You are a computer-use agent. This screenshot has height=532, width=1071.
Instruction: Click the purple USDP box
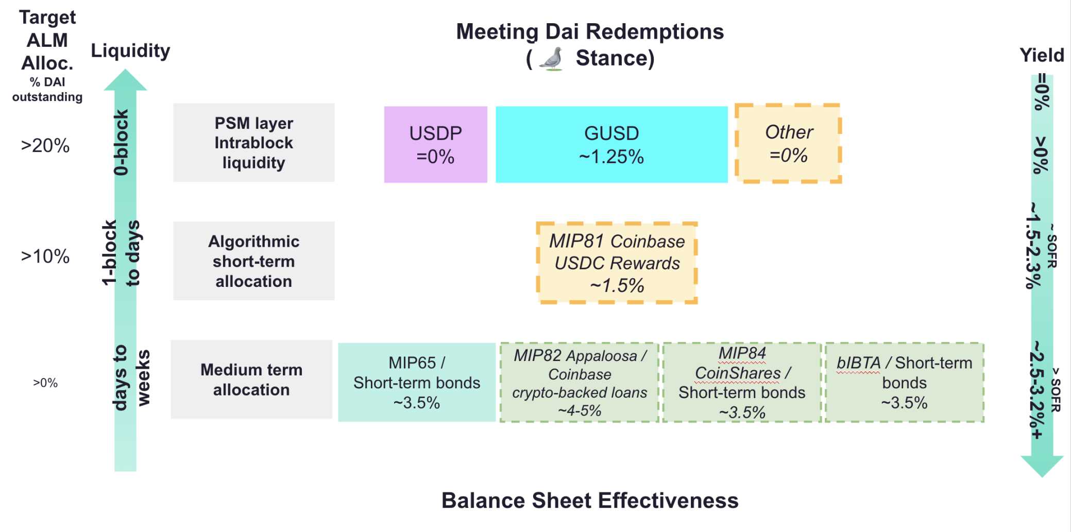[435, 144]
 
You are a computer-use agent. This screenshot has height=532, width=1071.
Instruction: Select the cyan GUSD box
[611, 144]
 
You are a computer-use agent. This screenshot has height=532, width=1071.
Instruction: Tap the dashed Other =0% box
[788, 143]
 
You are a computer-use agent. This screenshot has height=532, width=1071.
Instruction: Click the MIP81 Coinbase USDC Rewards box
[617, 263]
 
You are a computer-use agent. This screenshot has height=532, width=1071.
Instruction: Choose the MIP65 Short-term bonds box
[416, 382]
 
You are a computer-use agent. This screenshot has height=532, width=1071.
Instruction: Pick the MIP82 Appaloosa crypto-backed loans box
[579, 382]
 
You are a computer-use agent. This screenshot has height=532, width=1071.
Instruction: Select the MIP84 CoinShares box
[741, 382]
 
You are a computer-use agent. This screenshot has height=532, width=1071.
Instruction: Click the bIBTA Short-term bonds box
[904, 382]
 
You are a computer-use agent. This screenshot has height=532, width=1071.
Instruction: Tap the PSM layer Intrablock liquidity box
[253, 143]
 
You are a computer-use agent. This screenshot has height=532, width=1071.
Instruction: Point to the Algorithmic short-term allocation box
[253, 261]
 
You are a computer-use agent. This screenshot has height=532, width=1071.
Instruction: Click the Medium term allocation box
[251, 380]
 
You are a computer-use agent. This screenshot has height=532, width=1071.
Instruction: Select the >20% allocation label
[45, 146]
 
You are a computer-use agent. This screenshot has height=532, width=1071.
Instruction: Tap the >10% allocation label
[45, 256]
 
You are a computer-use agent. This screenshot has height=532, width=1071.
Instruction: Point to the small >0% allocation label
[45, 383]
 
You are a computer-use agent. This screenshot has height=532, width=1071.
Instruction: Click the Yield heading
[1042, 55]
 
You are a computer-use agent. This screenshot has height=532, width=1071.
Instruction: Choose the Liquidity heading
[130, 51]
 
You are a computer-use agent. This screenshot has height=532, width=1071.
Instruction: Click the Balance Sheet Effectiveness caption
[590, 501]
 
